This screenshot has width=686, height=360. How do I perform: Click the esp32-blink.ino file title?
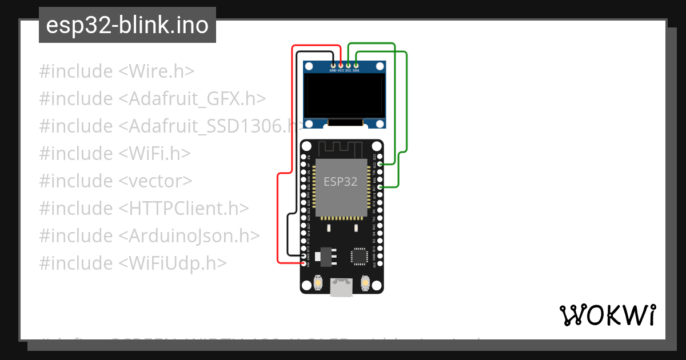point(127,26)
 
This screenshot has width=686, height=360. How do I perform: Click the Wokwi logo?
point(607,315)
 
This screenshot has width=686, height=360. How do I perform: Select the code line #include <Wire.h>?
point(117,71)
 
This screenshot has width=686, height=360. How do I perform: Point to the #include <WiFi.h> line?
point(114,153)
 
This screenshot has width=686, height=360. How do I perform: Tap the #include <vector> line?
point(115,181)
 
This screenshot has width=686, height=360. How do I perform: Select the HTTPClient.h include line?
point(143,208)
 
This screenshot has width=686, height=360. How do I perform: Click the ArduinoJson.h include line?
point(149,235)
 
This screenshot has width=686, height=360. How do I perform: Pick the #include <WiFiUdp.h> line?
point(133,263)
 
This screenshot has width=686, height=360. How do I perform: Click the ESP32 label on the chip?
point(340,182)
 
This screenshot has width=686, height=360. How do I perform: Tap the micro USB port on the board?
point(342,287)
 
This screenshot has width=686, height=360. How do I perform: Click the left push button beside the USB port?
point(318,283)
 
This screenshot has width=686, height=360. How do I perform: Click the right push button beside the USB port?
point(366,283)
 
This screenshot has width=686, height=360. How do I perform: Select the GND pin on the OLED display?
point(333,66)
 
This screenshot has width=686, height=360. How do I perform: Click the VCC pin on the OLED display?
point(341,66)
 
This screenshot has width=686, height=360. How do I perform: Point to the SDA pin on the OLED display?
point(356,66)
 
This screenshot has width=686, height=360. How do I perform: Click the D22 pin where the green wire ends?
point(381,164)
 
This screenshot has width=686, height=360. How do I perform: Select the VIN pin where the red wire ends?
point(304,263)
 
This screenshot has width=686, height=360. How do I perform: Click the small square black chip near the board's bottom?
point(360,255)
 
